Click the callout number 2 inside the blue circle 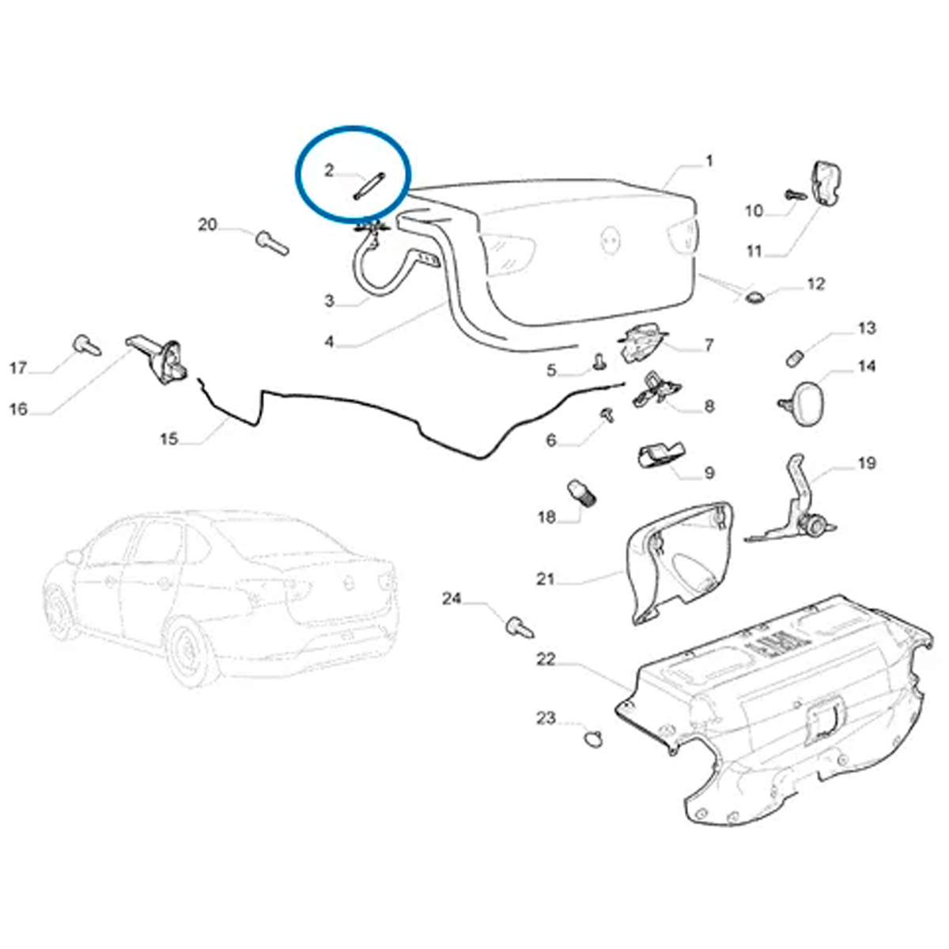(x=329, y=171)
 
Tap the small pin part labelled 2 (x=369, y=187)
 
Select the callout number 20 (x=207, y=225)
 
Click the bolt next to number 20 (x=272, y=244)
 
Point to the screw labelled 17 (x=87, y=345)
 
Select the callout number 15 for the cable (x=169, y=438)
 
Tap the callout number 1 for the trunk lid (x=709, y=161)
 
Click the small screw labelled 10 (x=796, y=195)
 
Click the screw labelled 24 (x=520, y=628)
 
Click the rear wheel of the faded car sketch (x=192, y=651)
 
